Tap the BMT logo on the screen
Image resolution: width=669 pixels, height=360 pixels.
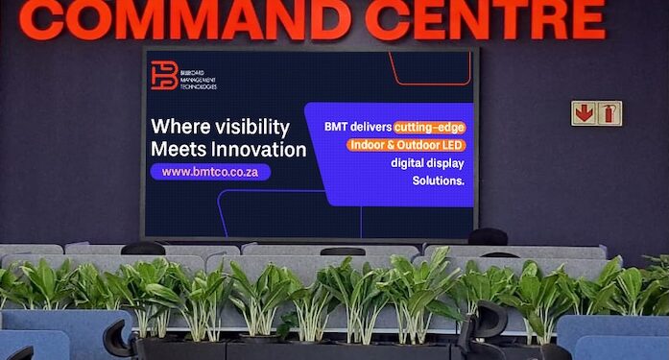[164, 75]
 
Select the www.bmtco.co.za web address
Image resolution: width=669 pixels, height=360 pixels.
[210, 172]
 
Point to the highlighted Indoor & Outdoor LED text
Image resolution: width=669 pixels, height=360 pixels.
[406, 144]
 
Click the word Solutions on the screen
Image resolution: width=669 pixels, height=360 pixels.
[439, 180]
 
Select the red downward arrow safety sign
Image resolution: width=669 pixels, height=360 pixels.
[584, 113]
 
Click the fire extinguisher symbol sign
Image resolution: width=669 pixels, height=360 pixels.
[609, 113]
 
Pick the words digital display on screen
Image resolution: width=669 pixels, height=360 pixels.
[427, 162]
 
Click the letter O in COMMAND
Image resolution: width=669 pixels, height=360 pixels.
[104, 20]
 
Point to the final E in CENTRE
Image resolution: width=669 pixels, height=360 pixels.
[588, 20]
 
